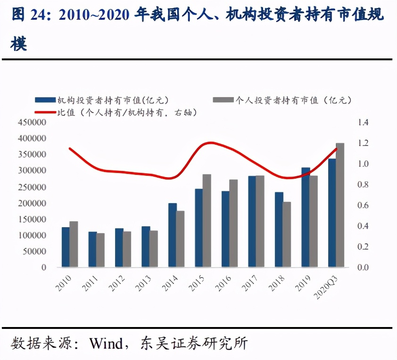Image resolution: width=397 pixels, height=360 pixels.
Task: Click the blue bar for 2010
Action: point(65,247)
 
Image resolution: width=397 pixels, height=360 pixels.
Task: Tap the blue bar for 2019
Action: point(306,217)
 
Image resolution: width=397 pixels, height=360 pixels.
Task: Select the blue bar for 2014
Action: point(172,235)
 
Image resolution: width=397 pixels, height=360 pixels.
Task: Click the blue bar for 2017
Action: point(252,221)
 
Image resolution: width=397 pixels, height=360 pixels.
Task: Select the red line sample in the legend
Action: point(46,112)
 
